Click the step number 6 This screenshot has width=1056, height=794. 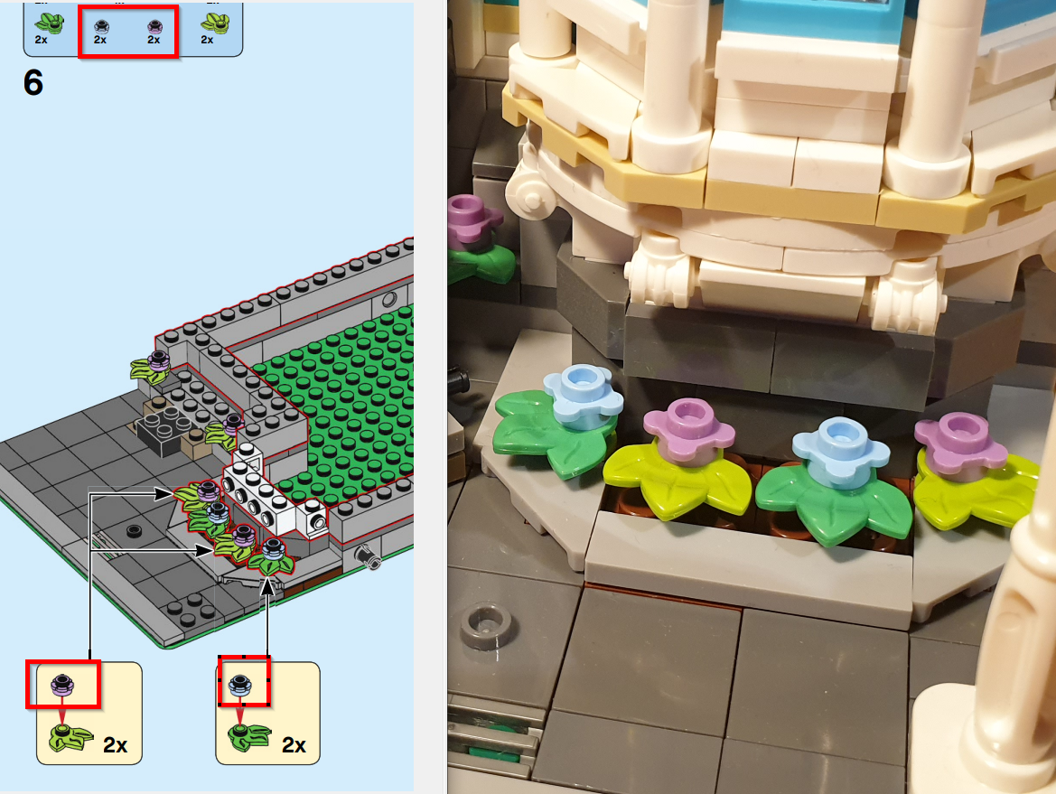pos(33,83)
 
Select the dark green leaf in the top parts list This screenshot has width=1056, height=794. pos(49,23)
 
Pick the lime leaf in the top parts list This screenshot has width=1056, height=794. pos(215,23)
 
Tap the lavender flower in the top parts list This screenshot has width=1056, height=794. pos(154,26)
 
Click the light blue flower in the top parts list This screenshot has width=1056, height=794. pos(101,26)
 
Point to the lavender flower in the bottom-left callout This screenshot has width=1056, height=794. pos(62,685)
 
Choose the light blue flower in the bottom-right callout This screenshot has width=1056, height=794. pos(240,685)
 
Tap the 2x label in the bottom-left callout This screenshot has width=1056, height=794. pos(115,745)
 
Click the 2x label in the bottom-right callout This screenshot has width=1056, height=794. pos(294,745)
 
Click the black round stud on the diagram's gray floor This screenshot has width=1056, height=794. pos(134,530)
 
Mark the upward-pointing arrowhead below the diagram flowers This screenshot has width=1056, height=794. pos(267,586)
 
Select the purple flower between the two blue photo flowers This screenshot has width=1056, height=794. pos(688,431)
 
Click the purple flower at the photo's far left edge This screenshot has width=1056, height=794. pos(472,218)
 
